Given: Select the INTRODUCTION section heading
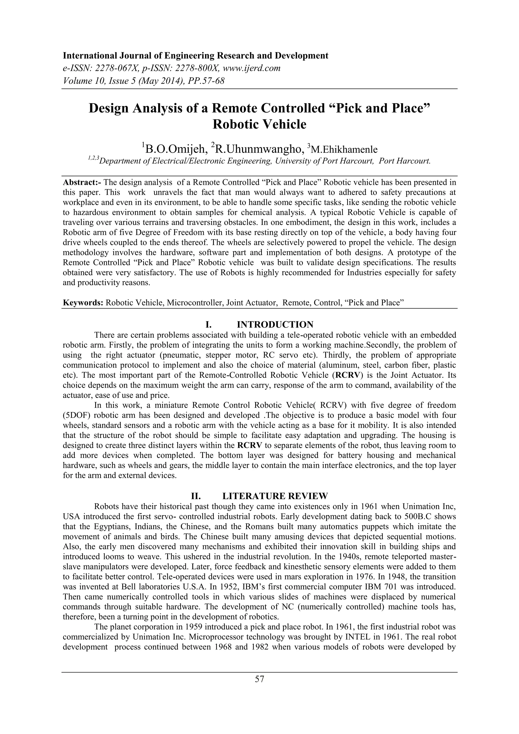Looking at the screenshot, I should (x=275, y=325).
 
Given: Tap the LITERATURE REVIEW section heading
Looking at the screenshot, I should (x=275, y=496).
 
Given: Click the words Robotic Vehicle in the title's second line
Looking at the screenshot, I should (x=259, y=124).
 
